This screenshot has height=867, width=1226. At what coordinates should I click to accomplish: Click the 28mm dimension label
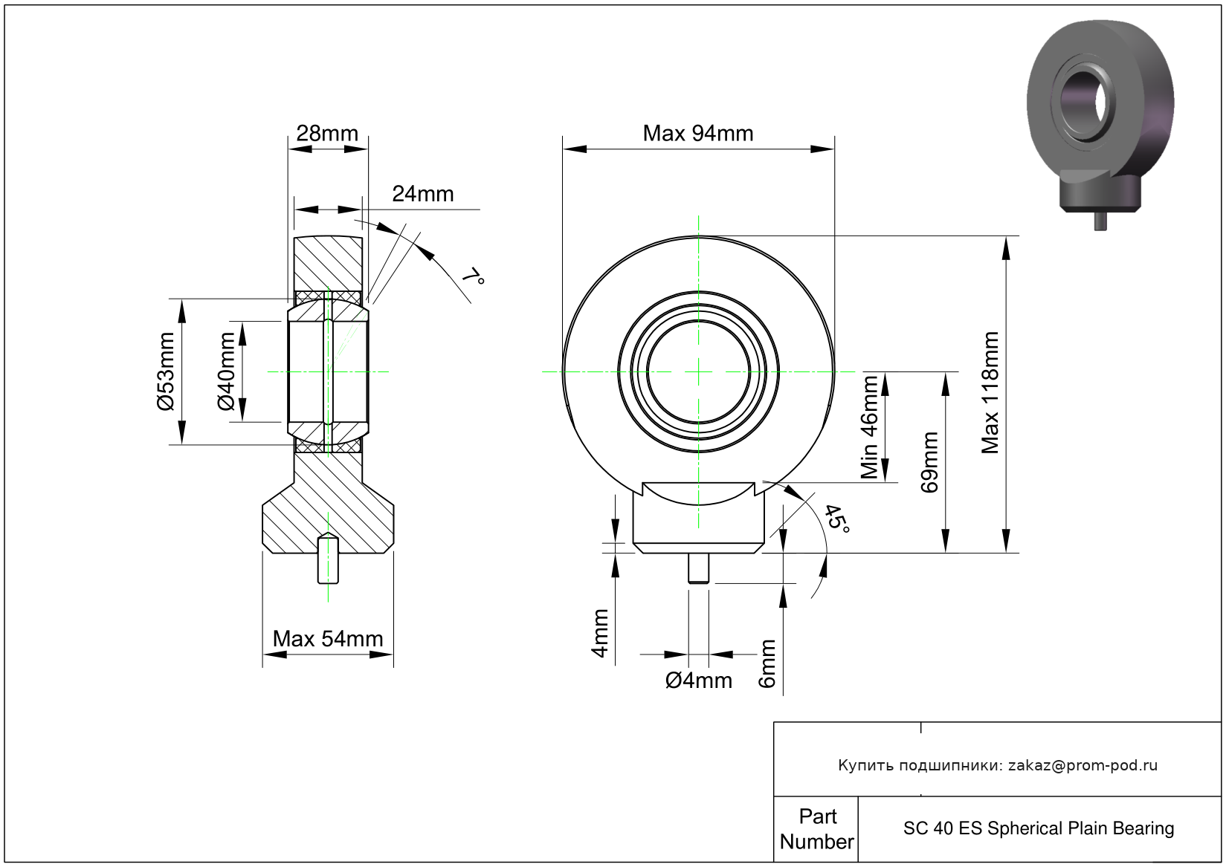tap(327, 134)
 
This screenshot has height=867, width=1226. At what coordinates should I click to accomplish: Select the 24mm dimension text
tap(422, 194)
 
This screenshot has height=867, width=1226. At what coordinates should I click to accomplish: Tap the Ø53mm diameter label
tap(165, 371)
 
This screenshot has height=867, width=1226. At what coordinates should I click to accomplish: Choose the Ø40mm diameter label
tap(226, 371)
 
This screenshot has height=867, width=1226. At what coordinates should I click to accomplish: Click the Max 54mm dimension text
tap(328, 639)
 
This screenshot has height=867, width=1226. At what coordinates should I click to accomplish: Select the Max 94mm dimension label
tap(697, 134)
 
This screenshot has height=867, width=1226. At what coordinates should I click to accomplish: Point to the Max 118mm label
tap(990, 393)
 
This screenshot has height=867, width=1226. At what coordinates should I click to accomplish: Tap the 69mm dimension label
tap(929, 462)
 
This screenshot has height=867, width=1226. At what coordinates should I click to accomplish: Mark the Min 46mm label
tap(869, 427)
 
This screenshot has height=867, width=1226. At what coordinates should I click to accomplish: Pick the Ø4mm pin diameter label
tap(698, 681)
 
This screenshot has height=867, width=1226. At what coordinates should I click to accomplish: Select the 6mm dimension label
tap(768, 663)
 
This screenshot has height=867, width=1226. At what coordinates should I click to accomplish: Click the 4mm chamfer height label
tap(600, 634)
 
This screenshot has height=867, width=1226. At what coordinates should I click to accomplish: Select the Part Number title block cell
tap(816, 829)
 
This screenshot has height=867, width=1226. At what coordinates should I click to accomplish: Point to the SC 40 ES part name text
tap(1039, 828)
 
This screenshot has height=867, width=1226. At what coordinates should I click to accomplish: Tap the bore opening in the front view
tap(699, 371)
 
